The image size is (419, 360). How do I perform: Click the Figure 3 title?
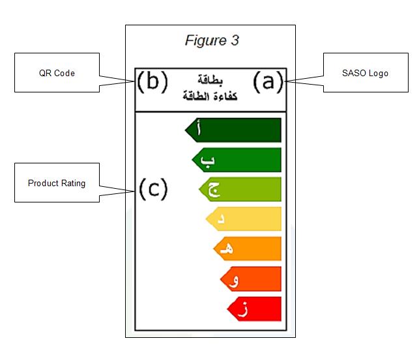(x=212, y=40)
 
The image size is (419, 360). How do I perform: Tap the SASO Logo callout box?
(x=364, y=73)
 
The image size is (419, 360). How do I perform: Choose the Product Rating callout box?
(x=57, y=183)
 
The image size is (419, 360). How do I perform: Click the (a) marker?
(x=268, y=81)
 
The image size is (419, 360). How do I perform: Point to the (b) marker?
(x=152, y=81)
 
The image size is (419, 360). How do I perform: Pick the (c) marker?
(x=152, y=189)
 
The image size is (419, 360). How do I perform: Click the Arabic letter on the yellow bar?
(x=221, y=219)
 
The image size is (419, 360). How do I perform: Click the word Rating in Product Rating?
(x=73, y=183)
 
